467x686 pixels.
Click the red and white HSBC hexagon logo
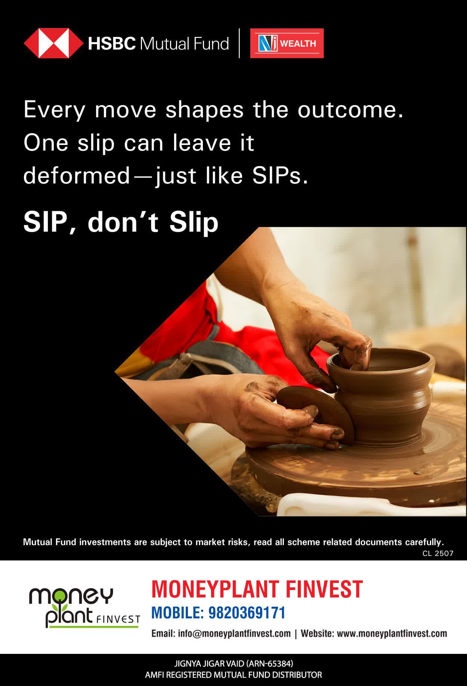[54, 43]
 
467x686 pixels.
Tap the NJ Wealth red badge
[287, 43]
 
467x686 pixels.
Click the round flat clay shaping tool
[316, 413]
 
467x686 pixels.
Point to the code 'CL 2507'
[438, 554]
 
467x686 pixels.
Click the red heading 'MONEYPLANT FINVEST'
[257, 589]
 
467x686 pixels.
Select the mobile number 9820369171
[247, 613]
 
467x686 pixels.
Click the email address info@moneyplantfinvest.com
[234, 633]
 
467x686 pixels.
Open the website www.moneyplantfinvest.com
[392, 633]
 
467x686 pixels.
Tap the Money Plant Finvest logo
[84, 607]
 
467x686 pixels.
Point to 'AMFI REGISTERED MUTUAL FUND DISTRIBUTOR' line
[233, 675]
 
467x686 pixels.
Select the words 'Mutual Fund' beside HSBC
[184, 44]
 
